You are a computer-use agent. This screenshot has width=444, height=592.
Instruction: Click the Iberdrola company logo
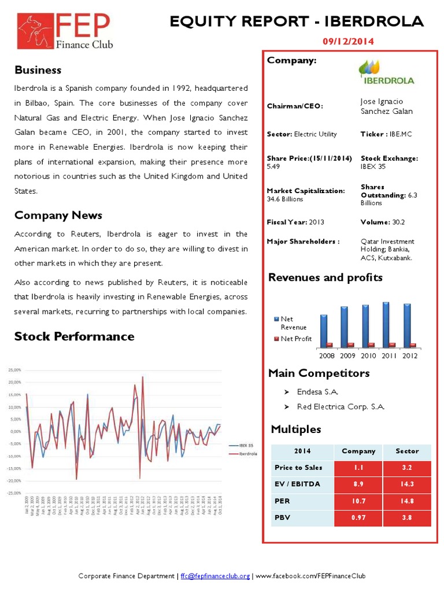386,72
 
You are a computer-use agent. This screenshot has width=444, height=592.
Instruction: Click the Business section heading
38,70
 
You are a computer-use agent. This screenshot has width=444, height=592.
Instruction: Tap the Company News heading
58,215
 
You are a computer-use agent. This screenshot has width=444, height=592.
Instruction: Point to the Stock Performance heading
74,336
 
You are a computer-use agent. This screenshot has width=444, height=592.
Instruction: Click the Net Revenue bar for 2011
386,324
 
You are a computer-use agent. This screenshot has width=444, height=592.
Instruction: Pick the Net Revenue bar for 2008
324,330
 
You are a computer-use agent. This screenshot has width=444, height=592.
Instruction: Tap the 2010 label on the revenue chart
368,356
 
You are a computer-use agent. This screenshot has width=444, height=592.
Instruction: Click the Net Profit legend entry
295,339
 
